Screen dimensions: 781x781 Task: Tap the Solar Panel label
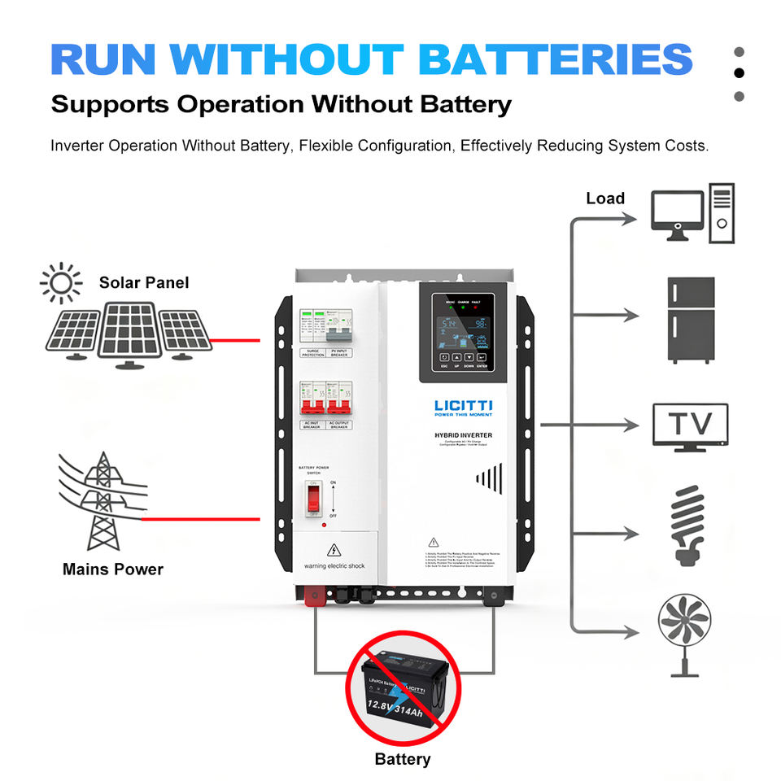144,282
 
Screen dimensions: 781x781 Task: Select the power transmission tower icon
102,500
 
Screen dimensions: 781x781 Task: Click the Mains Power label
113,569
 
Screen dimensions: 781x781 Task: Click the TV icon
691,425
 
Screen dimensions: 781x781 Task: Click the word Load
605,199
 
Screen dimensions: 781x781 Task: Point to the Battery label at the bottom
402,759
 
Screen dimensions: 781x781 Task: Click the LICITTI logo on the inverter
463,407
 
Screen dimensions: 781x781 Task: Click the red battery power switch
312,498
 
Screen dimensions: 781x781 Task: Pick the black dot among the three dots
739,73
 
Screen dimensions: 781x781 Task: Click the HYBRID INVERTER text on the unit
463,436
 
